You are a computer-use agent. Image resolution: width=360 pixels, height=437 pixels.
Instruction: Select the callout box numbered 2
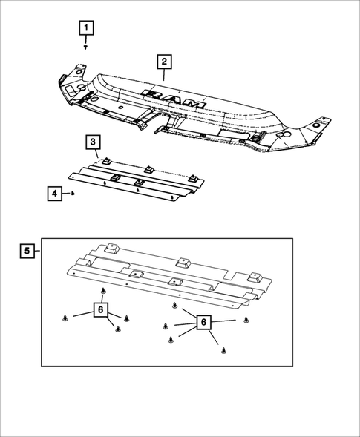point(163,62)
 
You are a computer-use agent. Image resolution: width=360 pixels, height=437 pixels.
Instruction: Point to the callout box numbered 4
point(54,194)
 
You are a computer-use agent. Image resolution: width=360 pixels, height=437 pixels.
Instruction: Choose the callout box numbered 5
point(28,250)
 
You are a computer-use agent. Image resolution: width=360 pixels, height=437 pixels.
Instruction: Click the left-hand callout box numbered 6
point(100,309)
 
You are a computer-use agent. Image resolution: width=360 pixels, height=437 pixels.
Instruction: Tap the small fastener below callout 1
point(86,47)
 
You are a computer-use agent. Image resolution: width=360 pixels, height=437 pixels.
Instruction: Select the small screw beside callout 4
point(74,193)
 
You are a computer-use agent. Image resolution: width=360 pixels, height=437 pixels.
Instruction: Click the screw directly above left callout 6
point(103,292)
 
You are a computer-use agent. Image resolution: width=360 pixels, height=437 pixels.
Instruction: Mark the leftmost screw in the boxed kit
point(67,318)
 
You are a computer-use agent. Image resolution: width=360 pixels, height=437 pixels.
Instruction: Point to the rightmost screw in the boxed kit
point(246,319)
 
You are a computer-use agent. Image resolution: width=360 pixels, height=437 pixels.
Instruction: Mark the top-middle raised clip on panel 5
point(180,263)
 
